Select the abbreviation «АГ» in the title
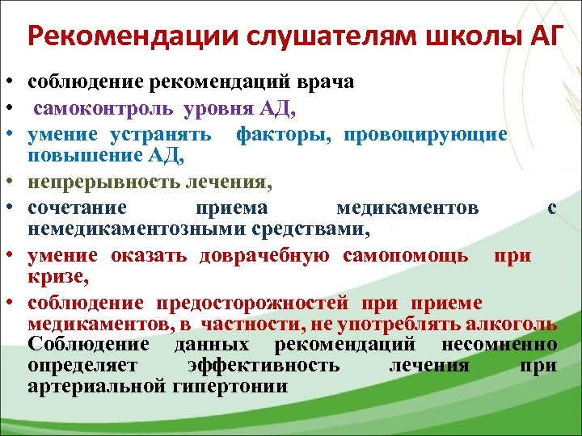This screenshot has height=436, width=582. coord(535,36)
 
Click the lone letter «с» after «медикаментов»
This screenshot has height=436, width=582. coord(550,209)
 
